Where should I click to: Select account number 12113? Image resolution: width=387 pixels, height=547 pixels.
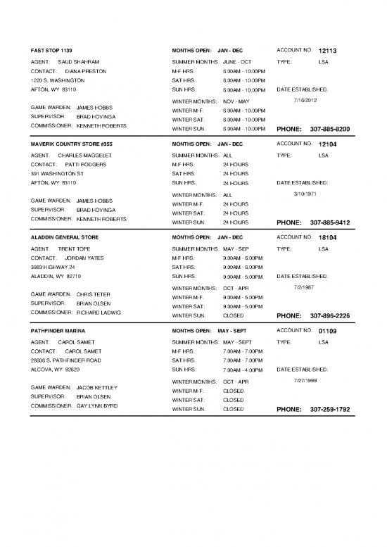(x=329, y=51)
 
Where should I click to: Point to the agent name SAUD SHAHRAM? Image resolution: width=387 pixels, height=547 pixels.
(x=79, y=62)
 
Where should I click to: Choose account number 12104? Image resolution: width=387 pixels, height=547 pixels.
(x=329, y=144)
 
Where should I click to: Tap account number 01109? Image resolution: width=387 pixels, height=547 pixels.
(x=329, y=331)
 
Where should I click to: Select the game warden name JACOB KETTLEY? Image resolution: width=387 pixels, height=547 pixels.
(x=97, y=387)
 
